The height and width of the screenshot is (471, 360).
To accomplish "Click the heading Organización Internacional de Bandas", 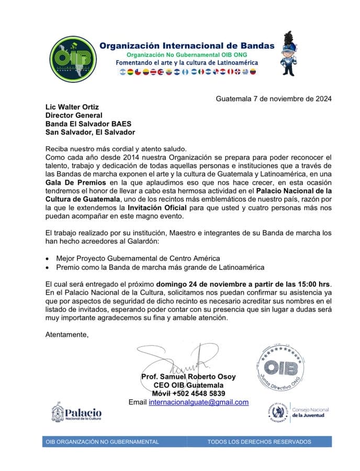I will [187, 46].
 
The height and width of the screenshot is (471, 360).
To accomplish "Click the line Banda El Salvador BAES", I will [88, 124].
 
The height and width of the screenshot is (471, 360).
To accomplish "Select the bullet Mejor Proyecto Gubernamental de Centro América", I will [138, 259].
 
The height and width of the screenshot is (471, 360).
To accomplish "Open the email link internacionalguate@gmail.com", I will [198, 402].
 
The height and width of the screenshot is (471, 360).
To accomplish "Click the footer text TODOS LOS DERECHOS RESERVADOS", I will [259, 442].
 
